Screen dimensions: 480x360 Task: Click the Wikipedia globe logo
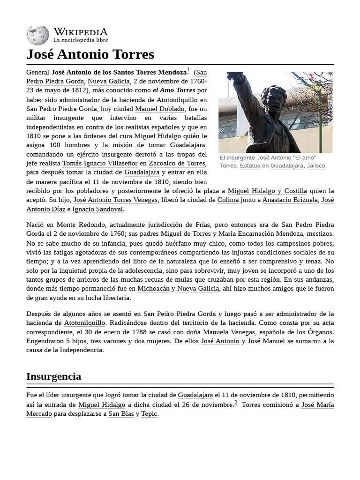coord(37,35)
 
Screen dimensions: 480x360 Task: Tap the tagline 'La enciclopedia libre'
coord(80,40)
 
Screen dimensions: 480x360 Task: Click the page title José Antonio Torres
coord(90,54)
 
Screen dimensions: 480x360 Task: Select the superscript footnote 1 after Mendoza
coord(188,70)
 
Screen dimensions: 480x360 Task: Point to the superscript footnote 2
coord(236,403)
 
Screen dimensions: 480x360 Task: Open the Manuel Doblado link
coord(160,109)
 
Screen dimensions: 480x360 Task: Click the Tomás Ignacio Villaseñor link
coord(100,163)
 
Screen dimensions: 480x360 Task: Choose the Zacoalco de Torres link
coord(177,163)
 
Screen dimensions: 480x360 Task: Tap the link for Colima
coord(228,200)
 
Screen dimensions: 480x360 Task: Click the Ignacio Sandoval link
coord(98,209)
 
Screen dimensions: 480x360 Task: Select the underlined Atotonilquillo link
coord(84,323)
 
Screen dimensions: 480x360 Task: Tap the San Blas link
coord(121,414)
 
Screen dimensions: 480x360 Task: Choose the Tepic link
coord(149,414)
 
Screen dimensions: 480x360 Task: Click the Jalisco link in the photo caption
coord(316,166)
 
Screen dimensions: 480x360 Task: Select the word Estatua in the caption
coord(250,166)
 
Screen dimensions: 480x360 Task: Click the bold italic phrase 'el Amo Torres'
coord(174,90)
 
